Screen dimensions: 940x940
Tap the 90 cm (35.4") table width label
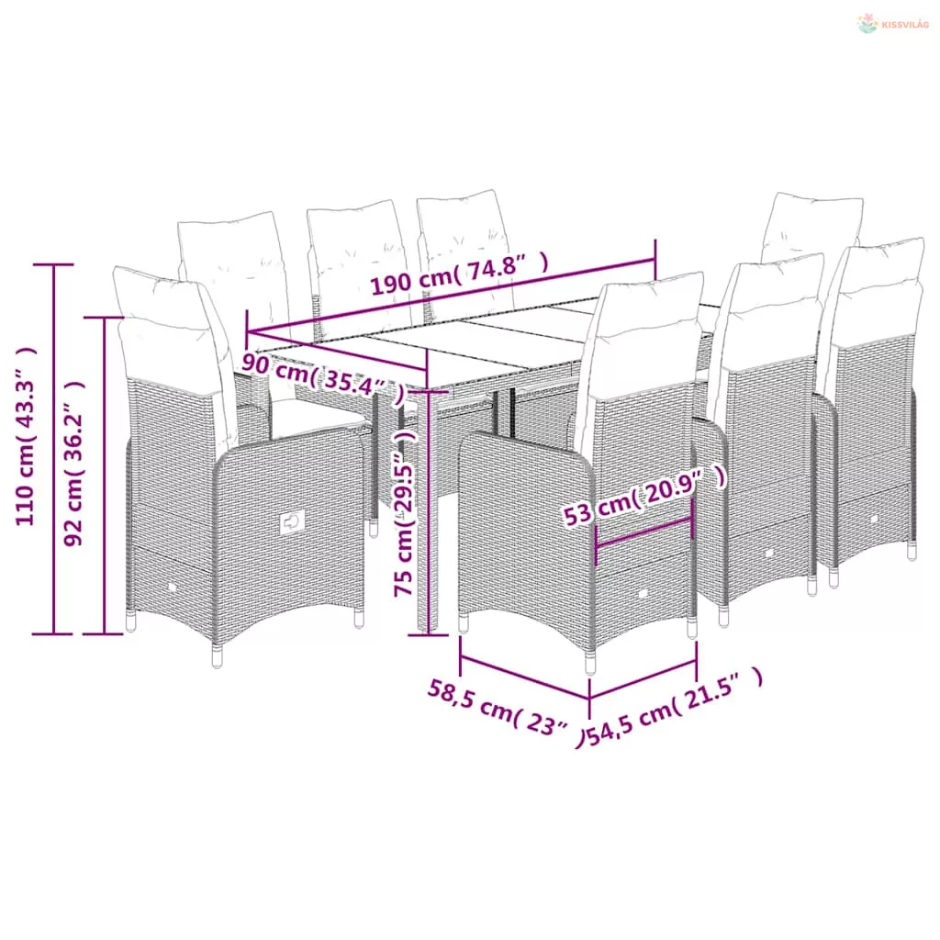[322, 377]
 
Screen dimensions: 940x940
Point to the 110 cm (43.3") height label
[26, 436]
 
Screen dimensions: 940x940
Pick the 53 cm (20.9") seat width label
[645, 497]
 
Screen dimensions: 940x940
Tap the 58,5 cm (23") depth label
[506, 712]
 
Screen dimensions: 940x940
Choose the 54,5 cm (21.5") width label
[675, 708]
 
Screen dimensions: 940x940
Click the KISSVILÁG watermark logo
[892, 24]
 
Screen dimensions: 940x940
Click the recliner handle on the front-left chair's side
[292, 522]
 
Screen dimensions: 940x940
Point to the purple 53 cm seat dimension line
[644, 532]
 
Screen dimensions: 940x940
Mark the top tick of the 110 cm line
[54, 264]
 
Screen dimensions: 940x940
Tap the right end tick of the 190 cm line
[655, 259]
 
